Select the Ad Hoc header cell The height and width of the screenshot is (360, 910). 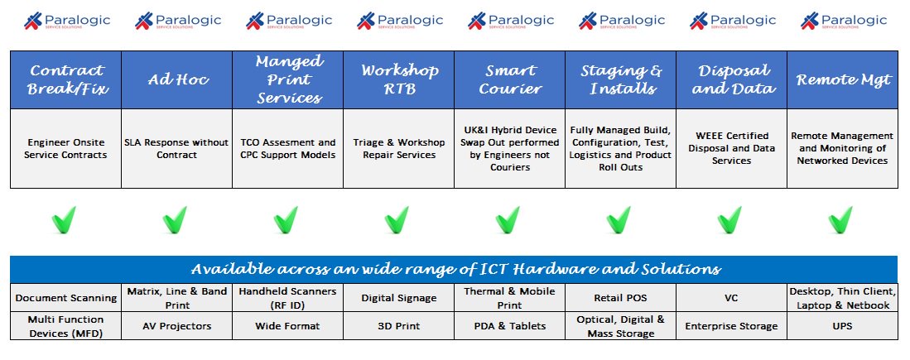pos(176,79)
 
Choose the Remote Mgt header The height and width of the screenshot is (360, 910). pos(842,79)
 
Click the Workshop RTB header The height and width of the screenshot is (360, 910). pos(398,79)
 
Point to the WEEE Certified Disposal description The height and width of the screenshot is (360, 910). pos(730,148)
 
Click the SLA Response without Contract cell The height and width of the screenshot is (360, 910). pos(176,148)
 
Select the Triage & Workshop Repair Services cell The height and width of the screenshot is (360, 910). pos(398,148)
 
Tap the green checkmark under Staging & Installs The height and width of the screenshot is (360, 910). pos(619,219)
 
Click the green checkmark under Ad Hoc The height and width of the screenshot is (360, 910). pos(175,219)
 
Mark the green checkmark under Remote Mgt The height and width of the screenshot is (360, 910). pos(840,219)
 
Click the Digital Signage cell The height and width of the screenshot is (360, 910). pos(398,296)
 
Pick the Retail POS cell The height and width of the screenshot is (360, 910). pos(619,296)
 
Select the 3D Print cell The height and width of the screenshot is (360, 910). pos(398,326)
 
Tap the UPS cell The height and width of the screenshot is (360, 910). pos(842,326)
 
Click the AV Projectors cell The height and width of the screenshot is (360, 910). pos(176,326)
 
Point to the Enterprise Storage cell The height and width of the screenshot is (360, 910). pos(730,326)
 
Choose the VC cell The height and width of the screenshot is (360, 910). pos(730,296)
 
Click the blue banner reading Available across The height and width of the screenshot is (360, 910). pos(455,269)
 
